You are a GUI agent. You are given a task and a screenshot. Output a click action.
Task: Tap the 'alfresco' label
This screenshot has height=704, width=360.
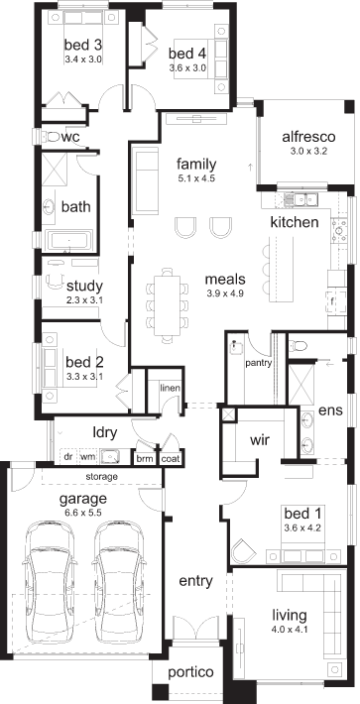click(308, 137)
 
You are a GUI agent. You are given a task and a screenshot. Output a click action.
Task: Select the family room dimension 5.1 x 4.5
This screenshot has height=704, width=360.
click(196, 178)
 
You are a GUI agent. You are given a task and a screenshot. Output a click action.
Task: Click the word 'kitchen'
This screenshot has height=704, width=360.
click(295, 222)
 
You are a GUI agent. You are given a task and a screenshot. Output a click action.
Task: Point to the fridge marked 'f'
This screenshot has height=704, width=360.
click(332, 301)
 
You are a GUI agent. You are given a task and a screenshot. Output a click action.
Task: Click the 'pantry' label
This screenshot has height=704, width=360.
click(259, 363)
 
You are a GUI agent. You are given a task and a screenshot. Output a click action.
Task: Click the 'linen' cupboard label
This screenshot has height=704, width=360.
click(171, 388)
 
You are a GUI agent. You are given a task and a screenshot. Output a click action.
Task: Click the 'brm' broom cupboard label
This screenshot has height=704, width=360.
click(145, 459)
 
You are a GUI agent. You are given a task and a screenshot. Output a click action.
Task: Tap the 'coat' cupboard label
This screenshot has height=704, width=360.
click(171, 459)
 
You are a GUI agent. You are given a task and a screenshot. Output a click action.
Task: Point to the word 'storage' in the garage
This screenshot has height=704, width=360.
click(102, 476)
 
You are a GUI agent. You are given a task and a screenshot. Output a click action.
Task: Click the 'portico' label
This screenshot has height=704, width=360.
click(190, 672)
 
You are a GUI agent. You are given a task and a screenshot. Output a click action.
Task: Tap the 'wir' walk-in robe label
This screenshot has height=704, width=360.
click(260, 439)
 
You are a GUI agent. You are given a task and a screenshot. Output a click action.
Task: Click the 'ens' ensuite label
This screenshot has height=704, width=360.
click(330, 410)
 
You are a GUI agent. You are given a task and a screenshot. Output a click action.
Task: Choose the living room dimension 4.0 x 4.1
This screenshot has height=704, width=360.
click(290, 630)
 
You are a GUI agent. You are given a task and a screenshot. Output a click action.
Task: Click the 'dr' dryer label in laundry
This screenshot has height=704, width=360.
click(68, 457)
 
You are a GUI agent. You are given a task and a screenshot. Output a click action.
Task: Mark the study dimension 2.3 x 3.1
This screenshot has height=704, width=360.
click(84, 299)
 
